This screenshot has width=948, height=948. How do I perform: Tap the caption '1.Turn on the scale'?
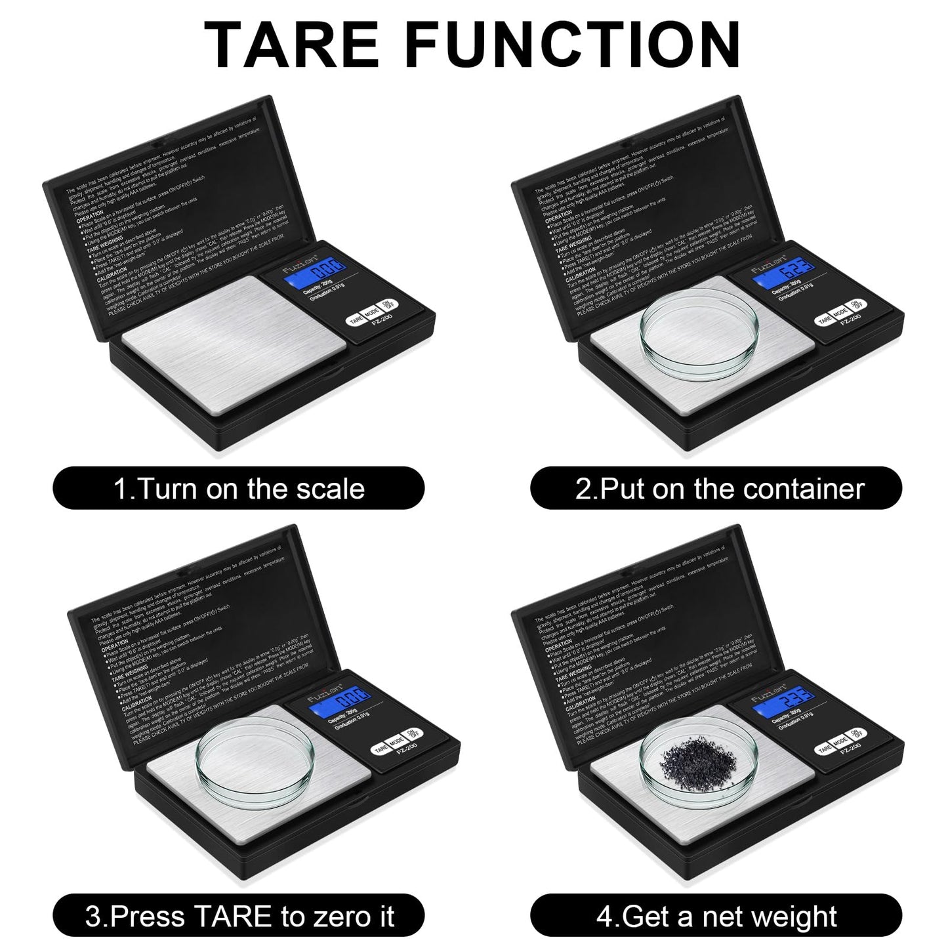point(239,489)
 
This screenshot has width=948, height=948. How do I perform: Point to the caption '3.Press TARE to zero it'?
point(239,917)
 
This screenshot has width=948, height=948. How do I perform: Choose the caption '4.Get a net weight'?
point(716,917)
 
